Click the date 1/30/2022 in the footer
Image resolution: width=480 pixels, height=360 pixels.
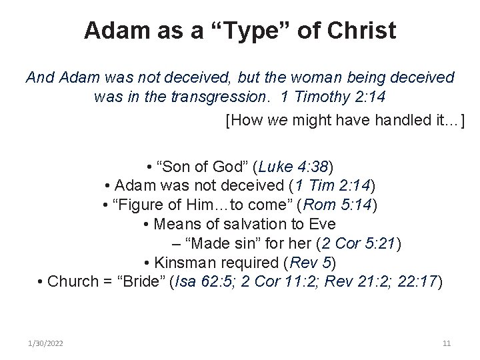45,343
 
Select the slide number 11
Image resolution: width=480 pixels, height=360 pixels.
447,343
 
